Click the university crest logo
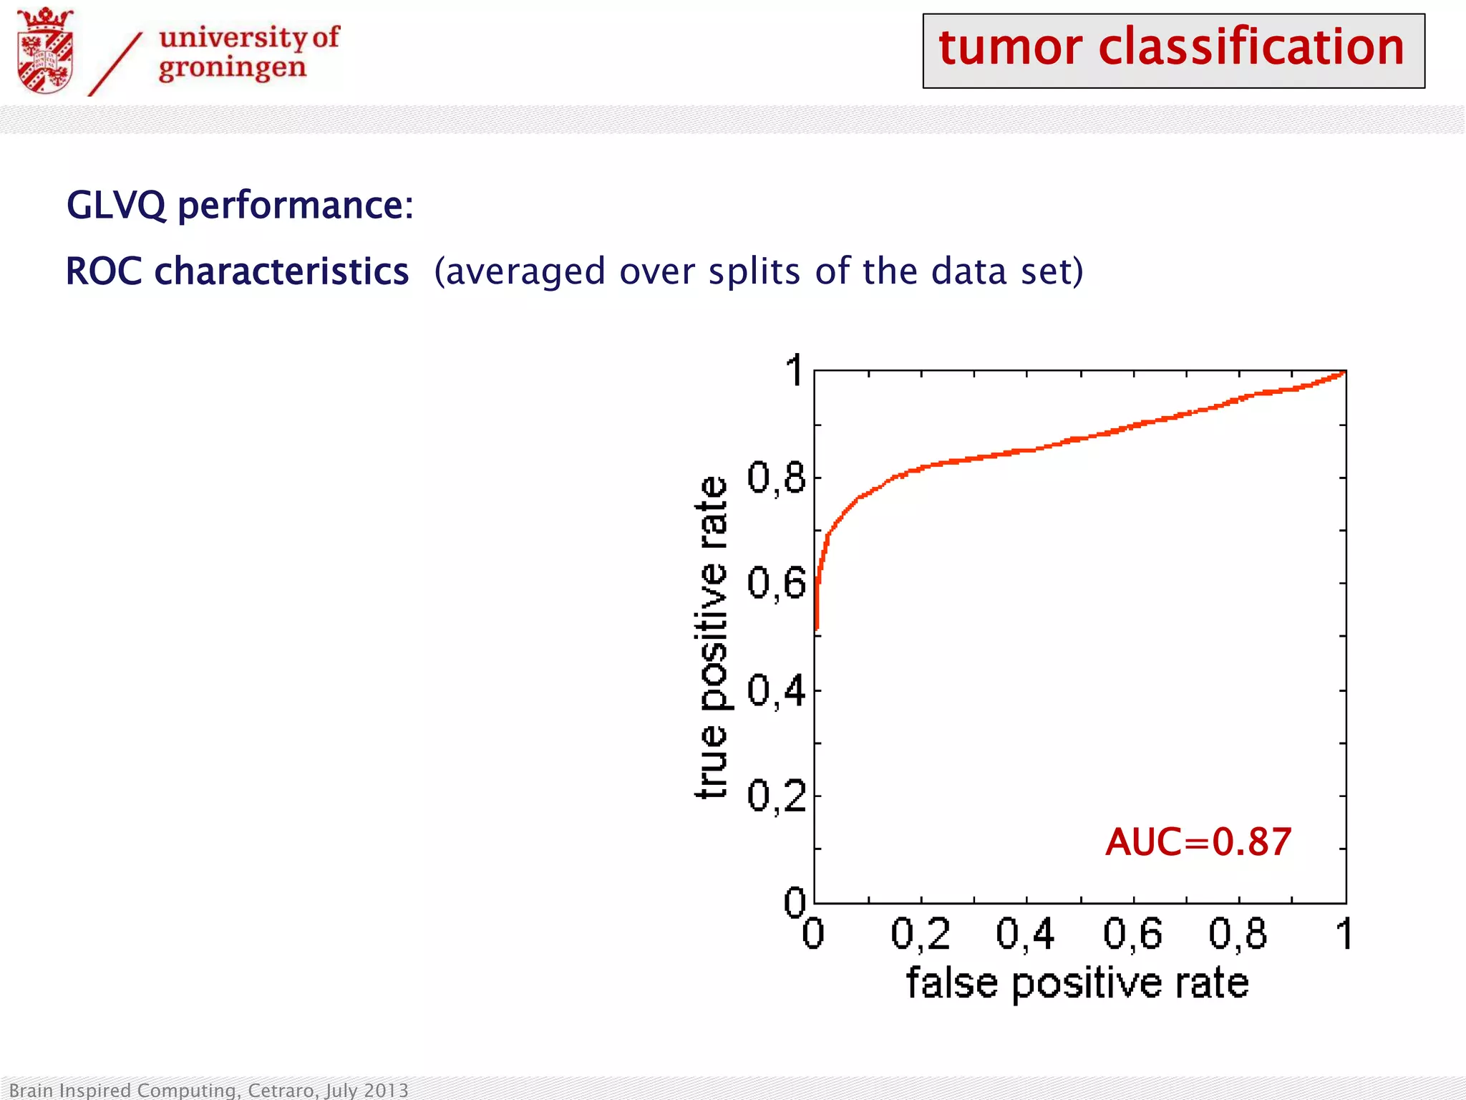pyautogui.click(x=44, y=52)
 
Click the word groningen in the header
pyautogui.click(x=233, y=69)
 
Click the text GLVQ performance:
pyautogui.click(x=240, y=206)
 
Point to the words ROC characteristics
pyautogui.click(x=237, y=272)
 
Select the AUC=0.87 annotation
pyautogui.click(x=1198, y=842)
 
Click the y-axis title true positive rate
pyautogui.click(x=712, y=637)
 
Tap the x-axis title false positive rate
pyautogui.click(x=1077, y=983)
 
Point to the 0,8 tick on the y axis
pyautogui.click(x=776, y=478)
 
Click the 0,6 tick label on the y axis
pyautogui.click(x=776, y=584)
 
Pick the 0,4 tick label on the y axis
pyautogui.click(x=776, y=690)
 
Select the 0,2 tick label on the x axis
pyautogui.click(x=921, y=935)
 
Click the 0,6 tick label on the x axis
pyautogui.click(x=1132, y=935)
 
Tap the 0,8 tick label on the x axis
pyautogui.click(x=1238, y=935)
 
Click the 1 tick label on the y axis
pyautogui.click(x=794, y=371)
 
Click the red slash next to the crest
pyautogui.click(x=115, y=64)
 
